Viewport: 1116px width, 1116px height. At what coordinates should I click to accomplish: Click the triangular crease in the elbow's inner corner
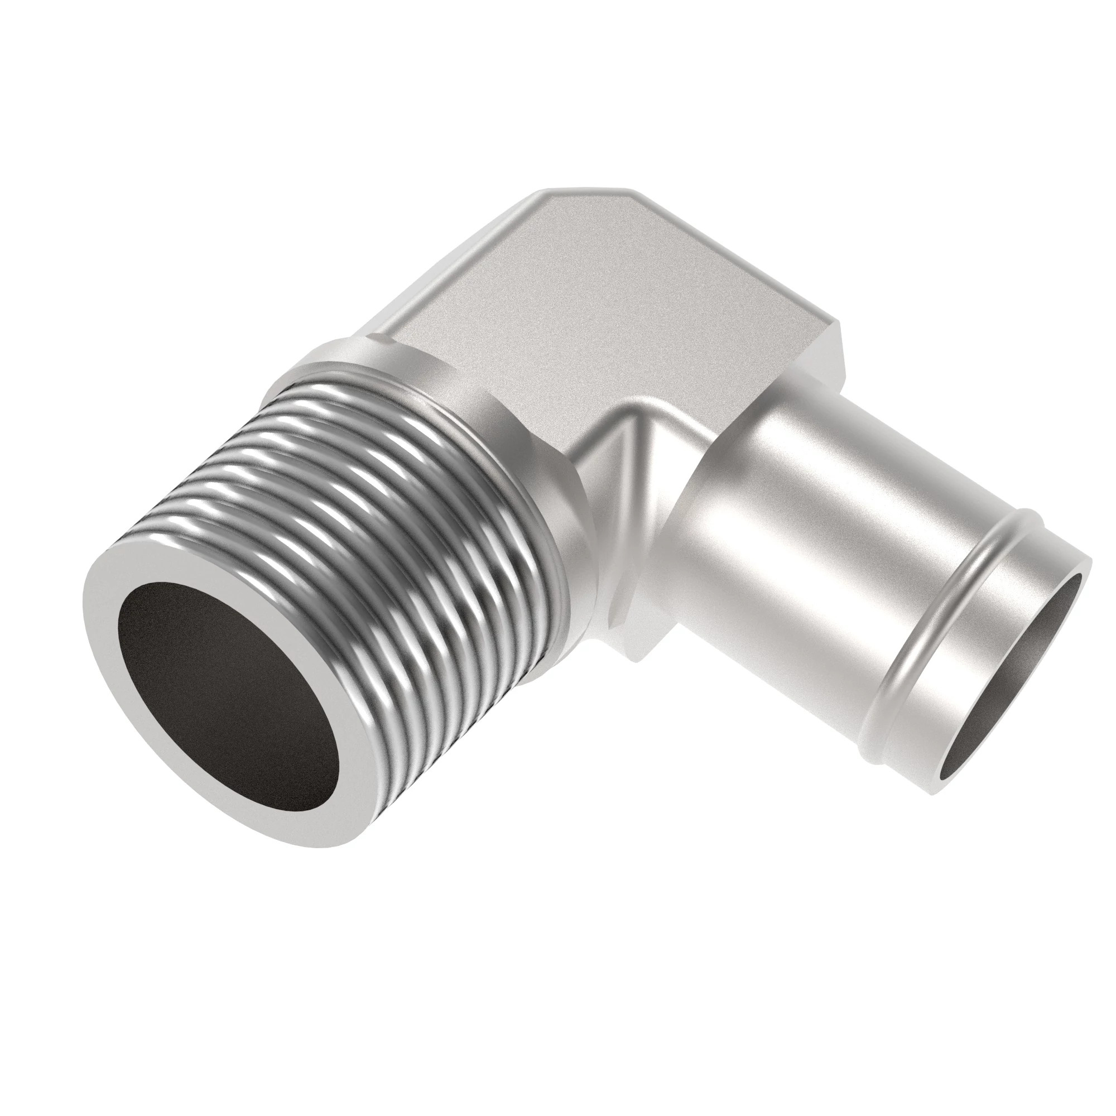624,456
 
